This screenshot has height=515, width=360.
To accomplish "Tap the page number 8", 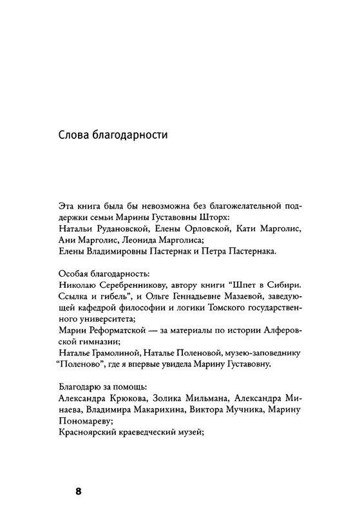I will pyautogui.click(x=79, y=491).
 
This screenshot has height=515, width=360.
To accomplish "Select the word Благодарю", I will pyautogui.click(x=80, y=389).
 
